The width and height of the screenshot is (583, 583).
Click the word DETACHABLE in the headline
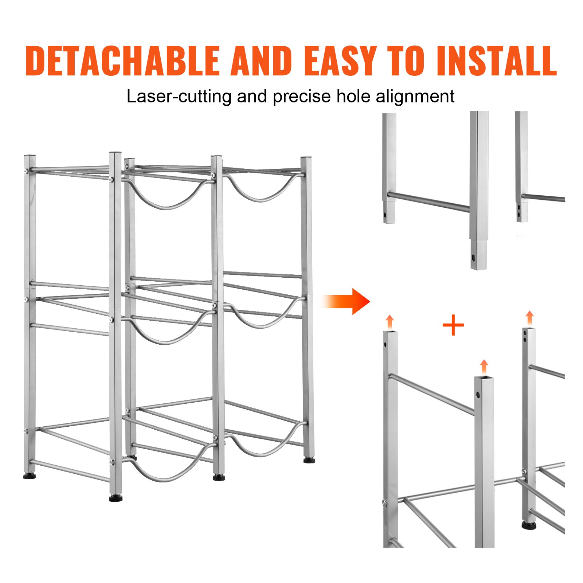(x=122, y=61)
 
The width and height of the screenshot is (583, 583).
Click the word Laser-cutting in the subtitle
(x=179, y=97)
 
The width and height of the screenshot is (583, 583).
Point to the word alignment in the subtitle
(x=415, y=97)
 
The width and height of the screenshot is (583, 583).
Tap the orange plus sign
(x=453, y=325)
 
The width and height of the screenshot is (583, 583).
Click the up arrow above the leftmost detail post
(x=390, y=322)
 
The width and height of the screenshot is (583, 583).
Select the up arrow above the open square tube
(x=484, y=367)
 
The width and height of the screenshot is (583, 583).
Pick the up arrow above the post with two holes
(x=529, y=318)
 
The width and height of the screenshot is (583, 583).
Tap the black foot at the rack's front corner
(x=116, y=498)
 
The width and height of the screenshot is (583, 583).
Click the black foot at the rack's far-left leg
(x=30, y=476)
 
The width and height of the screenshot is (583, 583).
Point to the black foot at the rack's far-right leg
(x=309, y=461)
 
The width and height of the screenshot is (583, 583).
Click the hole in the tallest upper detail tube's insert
(x=474, y=258)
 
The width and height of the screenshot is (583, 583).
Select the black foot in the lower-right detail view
(x=529, y=525)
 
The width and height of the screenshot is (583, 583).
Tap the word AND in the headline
(x=261, y=61)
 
